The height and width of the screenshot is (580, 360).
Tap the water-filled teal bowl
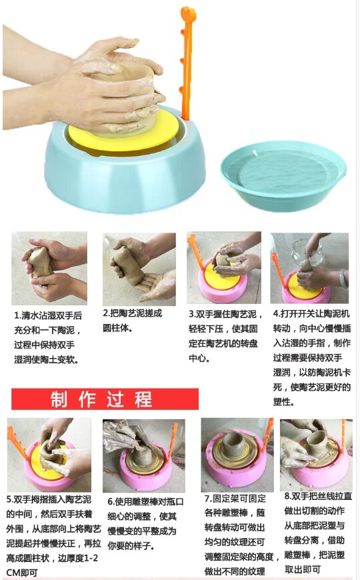(x=283, y=176)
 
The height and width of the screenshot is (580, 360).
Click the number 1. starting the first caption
(x=17, y=315)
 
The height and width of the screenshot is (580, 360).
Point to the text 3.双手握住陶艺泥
(x=223, y=313)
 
